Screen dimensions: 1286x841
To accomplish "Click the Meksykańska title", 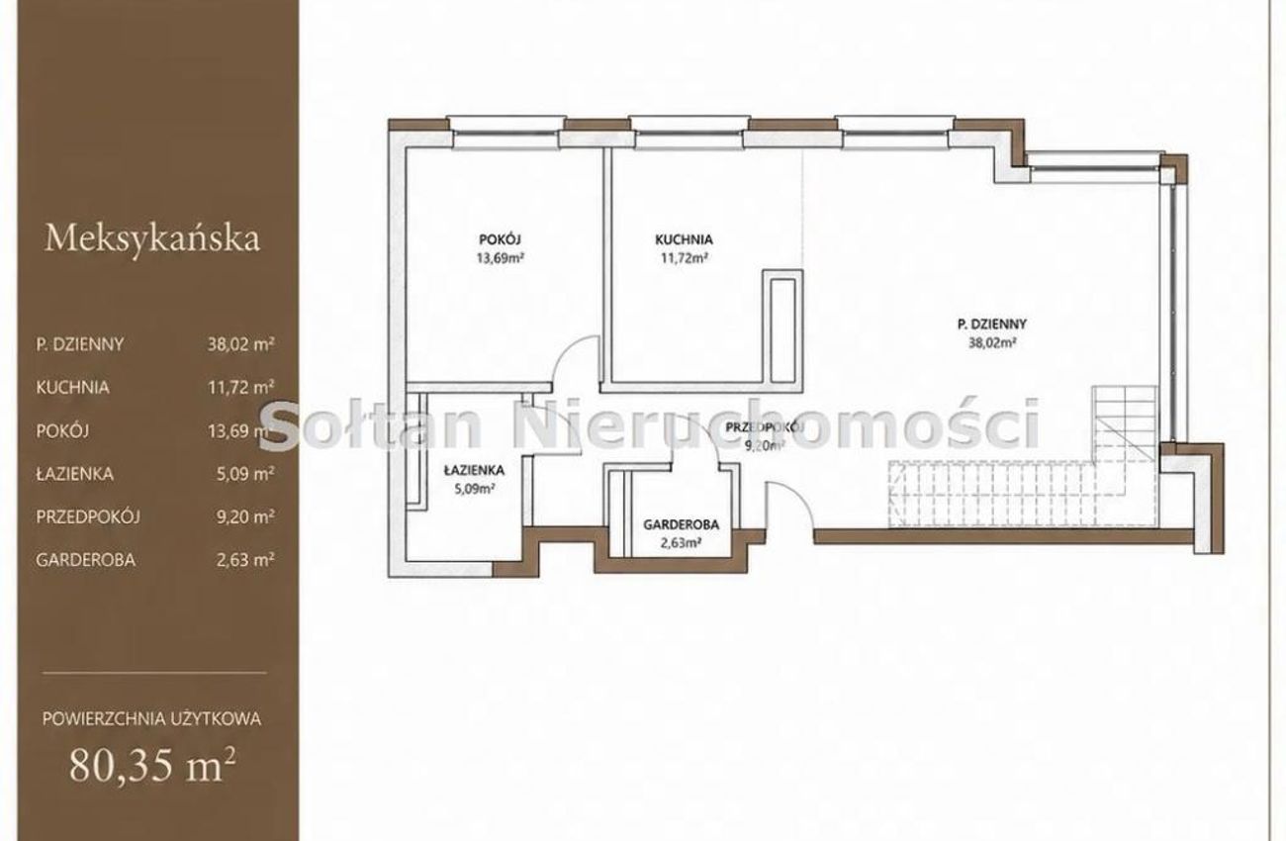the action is click(152, 238).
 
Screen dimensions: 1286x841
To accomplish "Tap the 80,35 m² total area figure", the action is click(152, 765).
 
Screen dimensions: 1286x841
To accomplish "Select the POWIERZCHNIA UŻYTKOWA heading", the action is click(151, 718).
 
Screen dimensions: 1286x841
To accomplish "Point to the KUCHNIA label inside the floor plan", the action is click(684, 239).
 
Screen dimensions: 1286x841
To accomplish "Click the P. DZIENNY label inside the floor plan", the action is click(991, 325).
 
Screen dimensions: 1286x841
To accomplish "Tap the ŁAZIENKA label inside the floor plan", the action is click(474, 470).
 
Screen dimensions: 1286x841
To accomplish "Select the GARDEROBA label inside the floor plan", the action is click(681, 524).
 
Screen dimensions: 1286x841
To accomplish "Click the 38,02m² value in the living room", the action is click(992, 343).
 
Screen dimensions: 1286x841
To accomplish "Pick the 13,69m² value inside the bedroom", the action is click(500, 258).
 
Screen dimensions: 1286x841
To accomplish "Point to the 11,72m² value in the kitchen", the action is click(684, 258).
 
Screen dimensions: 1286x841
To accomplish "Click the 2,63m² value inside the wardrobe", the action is click(681, 542).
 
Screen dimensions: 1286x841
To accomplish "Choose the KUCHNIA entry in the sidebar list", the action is click(72, 388).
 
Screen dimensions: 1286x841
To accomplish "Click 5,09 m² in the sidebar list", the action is click(245, 474).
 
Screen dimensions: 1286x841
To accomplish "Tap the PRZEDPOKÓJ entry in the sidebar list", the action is click(88, 516).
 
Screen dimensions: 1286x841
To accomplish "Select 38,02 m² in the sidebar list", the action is click(241, 344).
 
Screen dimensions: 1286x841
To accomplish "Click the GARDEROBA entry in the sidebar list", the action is click(85, 560).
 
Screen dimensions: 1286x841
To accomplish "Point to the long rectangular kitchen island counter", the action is click(781, 330).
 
